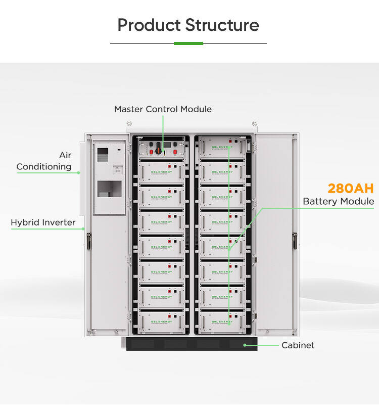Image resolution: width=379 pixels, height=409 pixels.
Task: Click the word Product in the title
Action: coord(149,25)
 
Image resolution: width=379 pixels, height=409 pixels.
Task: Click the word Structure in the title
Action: coord(222,25)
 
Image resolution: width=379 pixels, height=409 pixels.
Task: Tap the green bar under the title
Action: coord(188,43)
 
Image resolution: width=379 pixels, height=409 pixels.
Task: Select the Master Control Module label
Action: coord(163,109)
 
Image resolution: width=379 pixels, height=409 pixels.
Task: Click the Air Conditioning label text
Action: coord(44,161)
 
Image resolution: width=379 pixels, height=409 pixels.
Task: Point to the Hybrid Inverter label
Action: coord(43,222)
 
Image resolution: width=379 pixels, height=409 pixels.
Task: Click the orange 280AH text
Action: coord(350,189)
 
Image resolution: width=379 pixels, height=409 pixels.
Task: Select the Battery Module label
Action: coord(338,202)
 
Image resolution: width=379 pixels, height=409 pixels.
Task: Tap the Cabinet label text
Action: coord(298,345)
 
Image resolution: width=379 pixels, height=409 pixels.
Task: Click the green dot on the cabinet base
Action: coord(245,345)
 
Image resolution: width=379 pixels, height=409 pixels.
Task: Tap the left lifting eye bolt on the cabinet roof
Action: coord(129,124)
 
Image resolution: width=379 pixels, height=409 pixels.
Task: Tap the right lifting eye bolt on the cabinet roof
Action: coord(255,124)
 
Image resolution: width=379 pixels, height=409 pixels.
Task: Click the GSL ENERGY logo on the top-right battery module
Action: coord(221,147)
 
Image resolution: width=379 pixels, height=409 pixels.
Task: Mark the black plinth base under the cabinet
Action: coord(188,344)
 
